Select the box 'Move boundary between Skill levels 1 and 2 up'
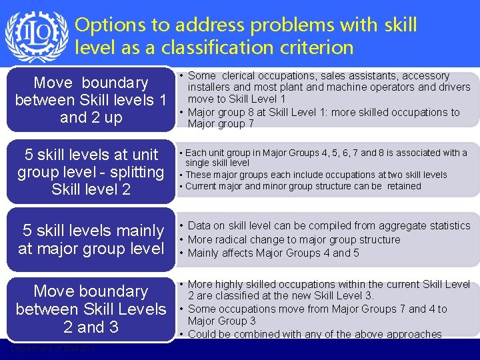coord(91,100)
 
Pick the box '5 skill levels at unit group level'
coord(91,172)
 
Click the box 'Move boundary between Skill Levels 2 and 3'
coord(91,309)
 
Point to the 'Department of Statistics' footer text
coord(53,349)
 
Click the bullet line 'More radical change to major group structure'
coord(294,239)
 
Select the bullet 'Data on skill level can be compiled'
coord(329,226)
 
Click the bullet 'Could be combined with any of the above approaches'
coord(315,334)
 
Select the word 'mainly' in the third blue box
coord(133,231)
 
